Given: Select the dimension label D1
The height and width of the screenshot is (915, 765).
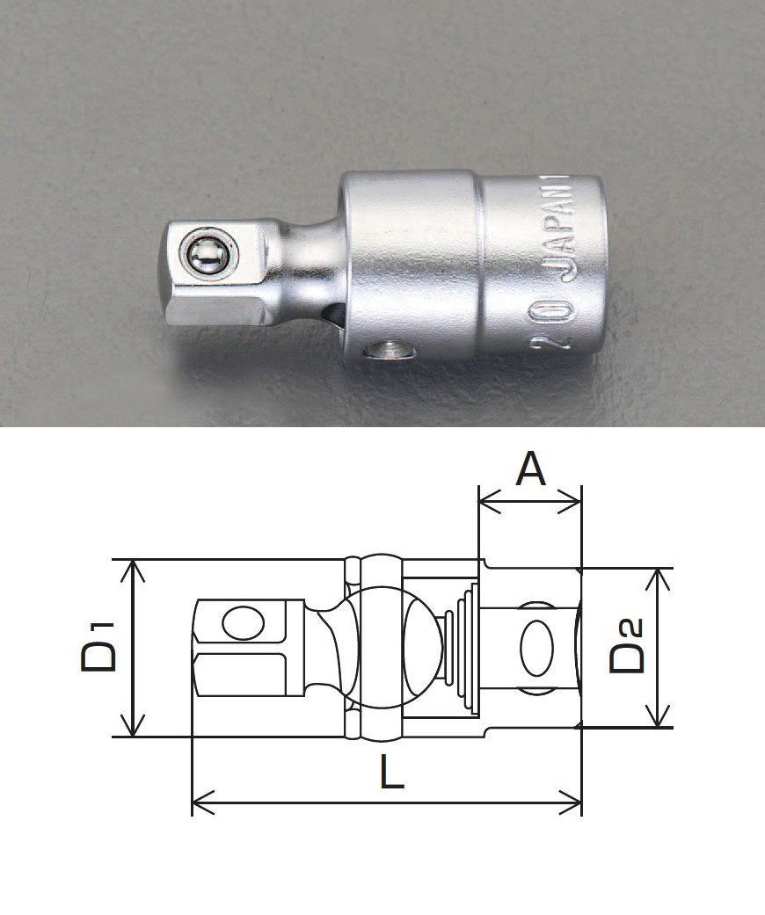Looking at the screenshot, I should pyautogui.click(x=99, y=646).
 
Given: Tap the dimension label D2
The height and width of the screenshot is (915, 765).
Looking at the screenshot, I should pyautogui.click(x=627, y=646).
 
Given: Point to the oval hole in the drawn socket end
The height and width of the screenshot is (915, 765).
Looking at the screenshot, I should pyautogui.click(x=535, y=649).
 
